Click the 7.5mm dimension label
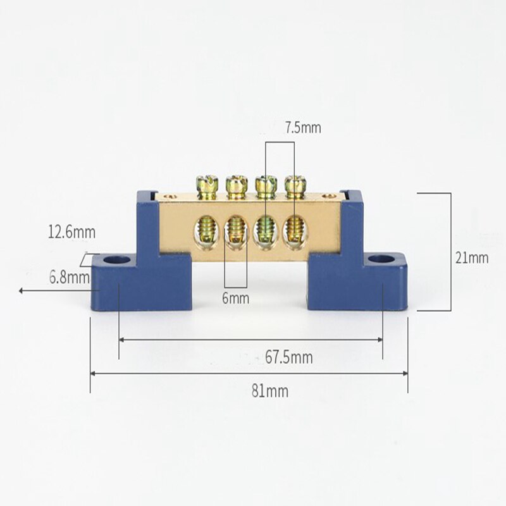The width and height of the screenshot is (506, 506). click(302, 128)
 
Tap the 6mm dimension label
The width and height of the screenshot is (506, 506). click(235, 298)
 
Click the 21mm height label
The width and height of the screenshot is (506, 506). click(472, 257)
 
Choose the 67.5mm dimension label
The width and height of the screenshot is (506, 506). click(288, 357)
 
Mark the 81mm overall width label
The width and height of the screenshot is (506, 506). click(269, 391)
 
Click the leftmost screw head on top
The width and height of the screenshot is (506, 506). click(207, 185)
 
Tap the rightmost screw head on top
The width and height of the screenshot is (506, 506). click(294, 185)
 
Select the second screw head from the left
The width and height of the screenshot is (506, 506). click(236, 185)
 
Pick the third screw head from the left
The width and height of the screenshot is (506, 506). click(266, 185)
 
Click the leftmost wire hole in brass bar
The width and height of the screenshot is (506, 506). click(207, 229)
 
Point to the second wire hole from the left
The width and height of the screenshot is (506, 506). click(235, 229)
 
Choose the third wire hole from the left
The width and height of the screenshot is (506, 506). click(265, 229)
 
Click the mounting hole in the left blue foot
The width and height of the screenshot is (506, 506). click(115, 260)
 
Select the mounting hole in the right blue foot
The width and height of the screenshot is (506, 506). click(380, 258)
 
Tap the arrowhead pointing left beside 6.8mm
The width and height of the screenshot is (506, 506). click(22, 291)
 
